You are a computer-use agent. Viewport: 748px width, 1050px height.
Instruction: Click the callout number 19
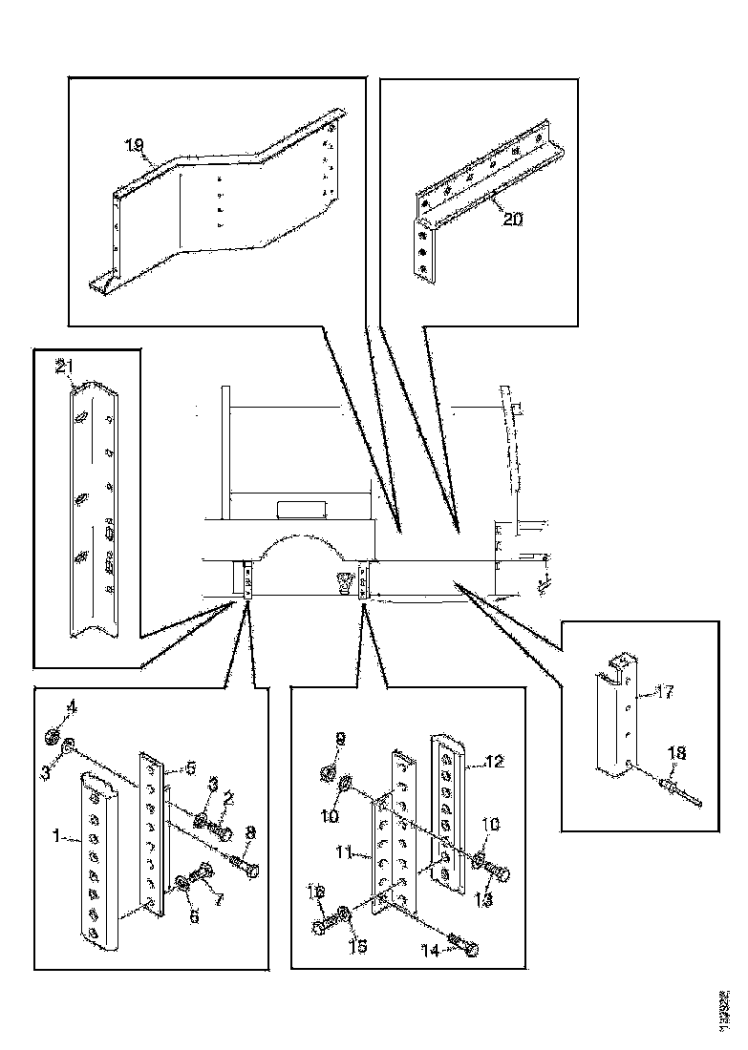pos(134,145)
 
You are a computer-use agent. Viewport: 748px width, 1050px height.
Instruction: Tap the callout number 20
pos(512,218)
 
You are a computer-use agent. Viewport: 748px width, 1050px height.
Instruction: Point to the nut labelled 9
pos(327,770)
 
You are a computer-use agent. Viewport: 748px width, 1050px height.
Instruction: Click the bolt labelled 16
pos(322,925)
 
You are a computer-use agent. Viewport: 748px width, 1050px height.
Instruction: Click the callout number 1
pos(58,837)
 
